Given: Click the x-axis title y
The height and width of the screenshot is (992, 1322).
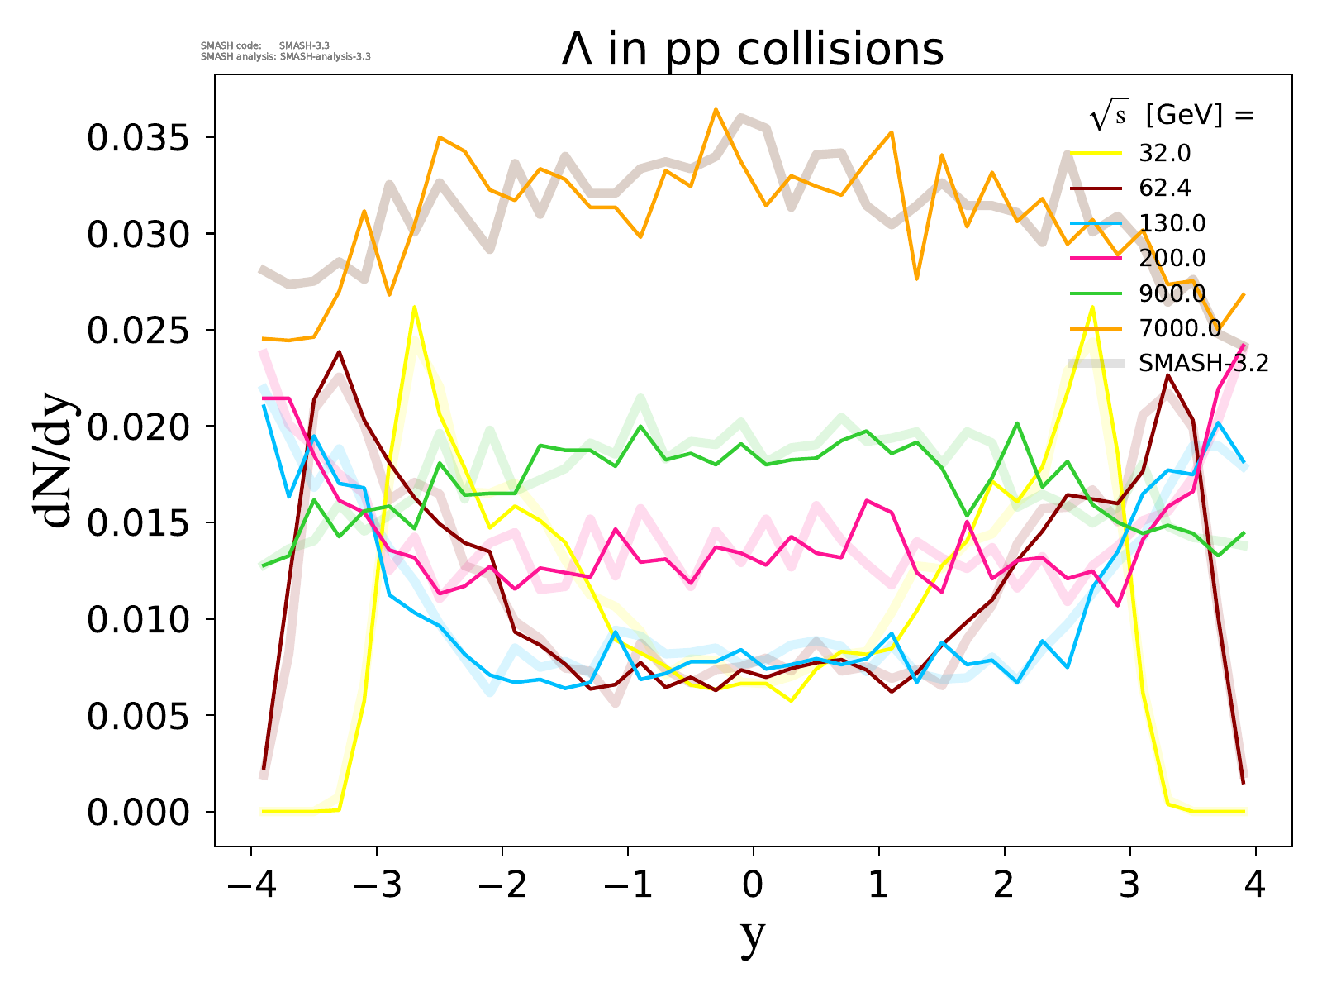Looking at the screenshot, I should (x=753, y=937).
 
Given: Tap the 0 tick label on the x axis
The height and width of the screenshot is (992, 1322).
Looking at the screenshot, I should (x=753, y=885).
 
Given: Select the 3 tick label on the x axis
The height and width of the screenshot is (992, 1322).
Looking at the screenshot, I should (x=1130, y=885).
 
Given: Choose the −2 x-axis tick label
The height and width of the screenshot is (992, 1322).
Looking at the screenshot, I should (x=502, y=885).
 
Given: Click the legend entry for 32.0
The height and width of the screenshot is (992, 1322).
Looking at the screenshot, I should (x=1165, y=154).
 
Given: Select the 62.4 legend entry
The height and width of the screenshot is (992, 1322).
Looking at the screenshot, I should (x=1165, y=188).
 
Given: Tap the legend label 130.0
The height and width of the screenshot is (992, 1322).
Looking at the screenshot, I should (x=1172, y=223).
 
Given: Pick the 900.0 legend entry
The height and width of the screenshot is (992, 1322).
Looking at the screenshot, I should (x=1172, y=293).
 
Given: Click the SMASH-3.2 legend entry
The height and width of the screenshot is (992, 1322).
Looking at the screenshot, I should (x=1203, y=363).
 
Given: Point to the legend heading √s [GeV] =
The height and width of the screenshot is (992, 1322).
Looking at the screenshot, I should (x=1172, y=117).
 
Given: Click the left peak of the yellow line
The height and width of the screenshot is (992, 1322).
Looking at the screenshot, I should (x=414, y=308).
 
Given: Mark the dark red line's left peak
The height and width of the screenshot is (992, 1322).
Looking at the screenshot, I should (x=339, y=352).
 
